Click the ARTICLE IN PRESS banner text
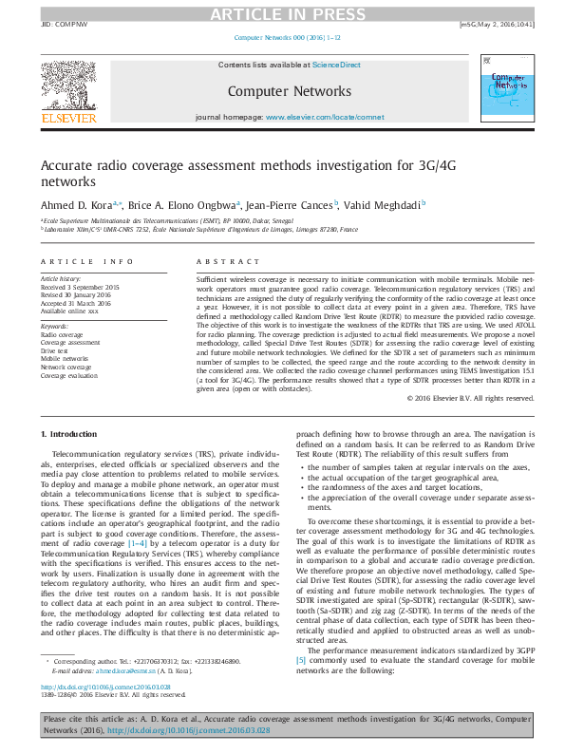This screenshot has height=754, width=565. point(282,12)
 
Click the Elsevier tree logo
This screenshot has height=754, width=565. point(67,87)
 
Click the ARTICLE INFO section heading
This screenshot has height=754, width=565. point(86,261)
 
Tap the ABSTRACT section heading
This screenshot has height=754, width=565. point(219,261)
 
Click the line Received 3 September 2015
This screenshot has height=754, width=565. point(80,286)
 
